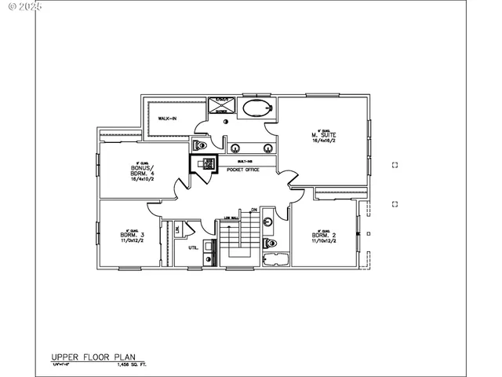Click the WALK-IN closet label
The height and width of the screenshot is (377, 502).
tap(167, 119)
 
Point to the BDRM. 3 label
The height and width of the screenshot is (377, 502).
tap(130, 235)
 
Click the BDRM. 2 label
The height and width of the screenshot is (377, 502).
tap(323, 235)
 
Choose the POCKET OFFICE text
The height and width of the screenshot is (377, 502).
tap(242, 169)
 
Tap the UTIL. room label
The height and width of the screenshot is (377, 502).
tap(192, 248)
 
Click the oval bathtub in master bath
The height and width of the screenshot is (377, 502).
tap(255, 109)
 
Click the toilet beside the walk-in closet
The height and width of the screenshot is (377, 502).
tap(200, 145)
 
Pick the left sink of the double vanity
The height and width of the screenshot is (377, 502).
tap(233, 147)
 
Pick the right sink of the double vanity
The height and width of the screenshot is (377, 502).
tap(267, 147)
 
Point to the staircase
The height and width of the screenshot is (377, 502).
tap(238, 236)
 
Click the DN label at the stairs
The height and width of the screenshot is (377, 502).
tap(254, 210)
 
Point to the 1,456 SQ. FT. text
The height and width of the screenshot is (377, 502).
tap(133, 365)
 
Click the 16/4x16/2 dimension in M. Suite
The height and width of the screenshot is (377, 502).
tap(322, 141)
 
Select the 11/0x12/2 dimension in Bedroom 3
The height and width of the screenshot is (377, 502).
tap(130, 241)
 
